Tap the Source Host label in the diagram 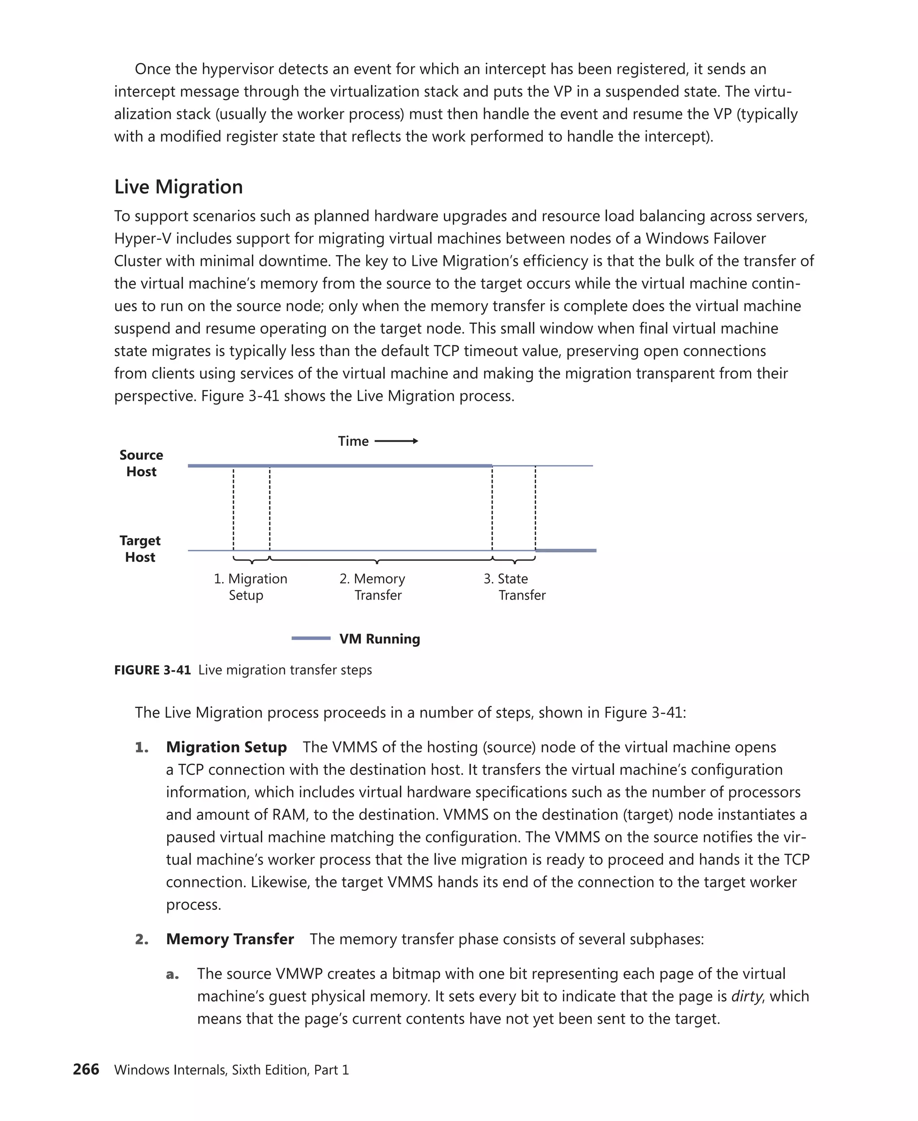141,464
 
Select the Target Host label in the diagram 140,548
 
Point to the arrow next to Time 396,441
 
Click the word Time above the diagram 353,441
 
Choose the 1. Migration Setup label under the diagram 250,587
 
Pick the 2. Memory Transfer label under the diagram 372,587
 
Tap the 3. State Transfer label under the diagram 514,587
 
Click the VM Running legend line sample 311,639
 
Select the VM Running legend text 380,639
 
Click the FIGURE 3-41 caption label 152,670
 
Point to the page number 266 86,1069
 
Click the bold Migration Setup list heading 226,747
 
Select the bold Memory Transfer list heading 229,939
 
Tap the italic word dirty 746,997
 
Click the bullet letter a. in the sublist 173,974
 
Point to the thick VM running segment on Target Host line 566,551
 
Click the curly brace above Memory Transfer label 377,560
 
